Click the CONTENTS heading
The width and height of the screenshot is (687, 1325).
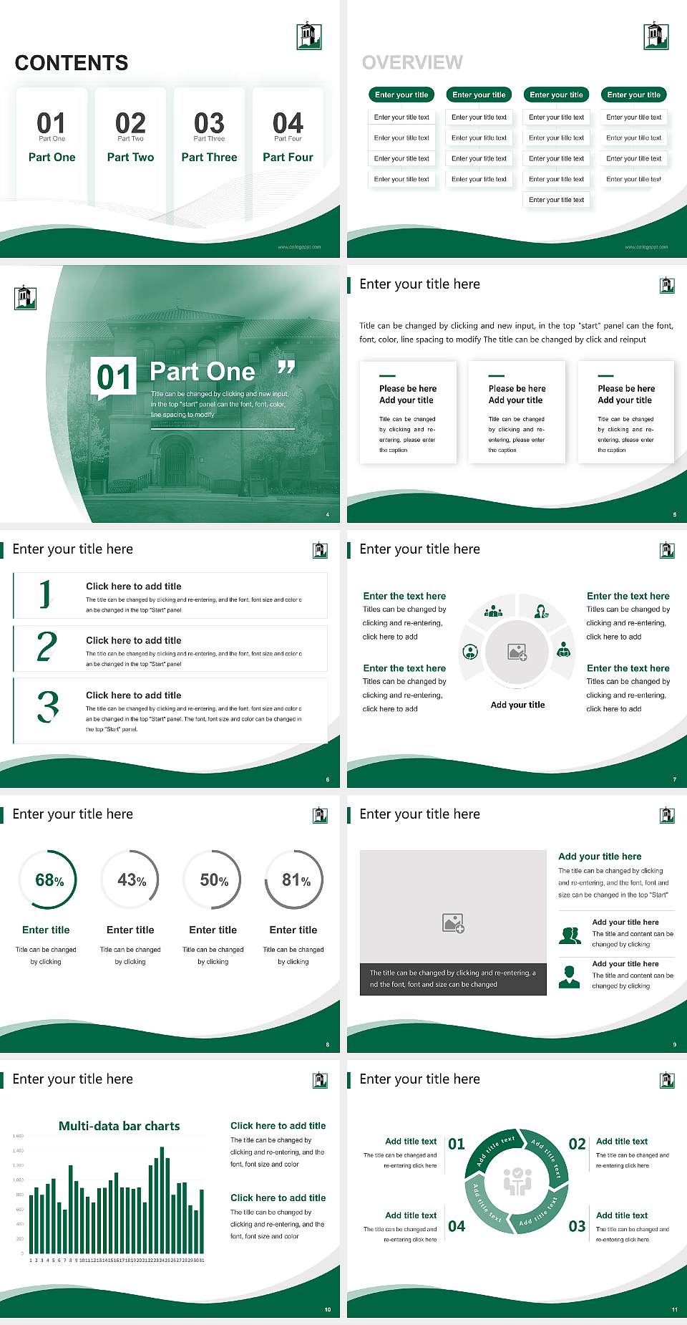pos(72,63)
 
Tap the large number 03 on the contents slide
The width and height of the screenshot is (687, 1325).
pos(209,122)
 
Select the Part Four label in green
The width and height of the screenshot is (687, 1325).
pos(288,157)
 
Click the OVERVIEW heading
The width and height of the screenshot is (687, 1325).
pos(412,63)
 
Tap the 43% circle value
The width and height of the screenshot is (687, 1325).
pos(131,880)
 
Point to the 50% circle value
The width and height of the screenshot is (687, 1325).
pos(213,880)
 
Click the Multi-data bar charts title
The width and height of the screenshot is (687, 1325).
pos(120,1126)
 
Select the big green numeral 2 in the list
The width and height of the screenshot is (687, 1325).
pos(47,646)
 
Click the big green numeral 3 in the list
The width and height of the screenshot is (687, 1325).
pos(48,706)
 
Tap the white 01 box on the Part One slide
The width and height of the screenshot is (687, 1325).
pos(114,377)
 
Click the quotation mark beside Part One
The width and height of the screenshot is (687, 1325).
pos(286,368)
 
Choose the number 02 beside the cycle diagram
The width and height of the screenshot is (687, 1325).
pos(577,1144)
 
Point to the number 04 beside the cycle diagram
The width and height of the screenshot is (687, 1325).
pos(457,1226)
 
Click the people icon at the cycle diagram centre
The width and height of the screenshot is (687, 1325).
pos(517,1181)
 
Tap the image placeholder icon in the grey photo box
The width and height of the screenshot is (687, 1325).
pos(453,923)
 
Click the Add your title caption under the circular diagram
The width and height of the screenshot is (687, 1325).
pos(517,705)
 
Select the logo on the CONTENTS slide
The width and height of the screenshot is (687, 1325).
pos(309,37)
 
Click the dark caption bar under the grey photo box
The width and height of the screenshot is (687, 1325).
pos(453,979)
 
